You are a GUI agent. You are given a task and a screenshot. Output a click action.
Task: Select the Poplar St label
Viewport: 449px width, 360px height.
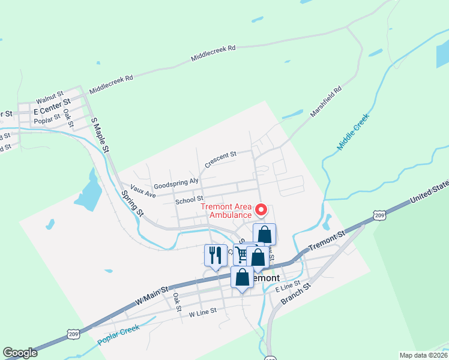[x=48, y=119]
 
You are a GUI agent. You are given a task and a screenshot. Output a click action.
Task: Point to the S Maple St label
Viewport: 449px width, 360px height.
[x=100, y=134]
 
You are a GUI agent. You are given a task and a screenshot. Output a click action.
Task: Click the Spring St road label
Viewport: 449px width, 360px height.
[x=133, y=203]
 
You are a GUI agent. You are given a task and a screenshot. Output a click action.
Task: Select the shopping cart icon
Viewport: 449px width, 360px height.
[x=242, y=254]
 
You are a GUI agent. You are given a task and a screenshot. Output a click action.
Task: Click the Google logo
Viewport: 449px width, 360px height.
[x=20, y=353]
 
